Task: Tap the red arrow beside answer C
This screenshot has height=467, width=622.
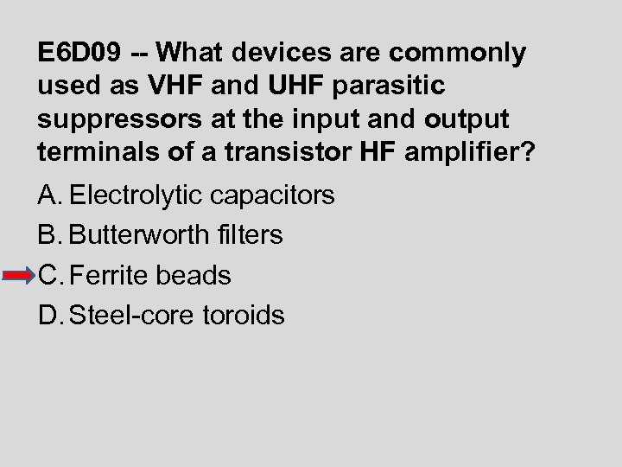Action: pos(19,276)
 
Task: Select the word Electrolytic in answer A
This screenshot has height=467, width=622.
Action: pos(138,195)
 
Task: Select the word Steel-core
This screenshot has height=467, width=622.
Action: pos(131,316)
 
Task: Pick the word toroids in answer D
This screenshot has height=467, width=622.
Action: pos(243,316)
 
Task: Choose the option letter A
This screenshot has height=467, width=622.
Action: pos(49,195)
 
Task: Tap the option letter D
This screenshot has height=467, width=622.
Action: pos(49,316)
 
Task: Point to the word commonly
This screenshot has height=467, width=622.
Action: pos(458,54)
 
